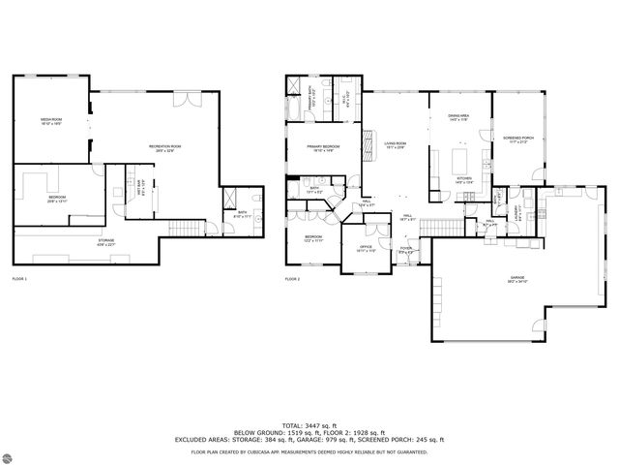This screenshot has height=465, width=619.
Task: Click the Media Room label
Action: click(x=50, y=122)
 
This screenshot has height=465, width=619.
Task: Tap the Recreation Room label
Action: click(x=164, y=148)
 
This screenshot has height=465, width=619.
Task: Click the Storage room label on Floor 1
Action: click(x=106, y=241)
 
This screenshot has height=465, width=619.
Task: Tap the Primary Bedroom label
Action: click(x=320, y=148)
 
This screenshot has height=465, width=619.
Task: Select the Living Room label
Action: click(x=395, y=145)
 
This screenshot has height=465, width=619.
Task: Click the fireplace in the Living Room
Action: click(x=367, y=145)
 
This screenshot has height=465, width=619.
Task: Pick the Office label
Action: click(x=366, y=248)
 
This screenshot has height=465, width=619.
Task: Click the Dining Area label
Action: click(x=458, y=117)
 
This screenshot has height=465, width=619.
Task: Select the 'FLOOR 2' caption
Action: click(x=292, y=279)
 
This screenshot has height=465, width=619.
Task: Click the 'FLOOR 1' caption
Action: click(x=19, y=279)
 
